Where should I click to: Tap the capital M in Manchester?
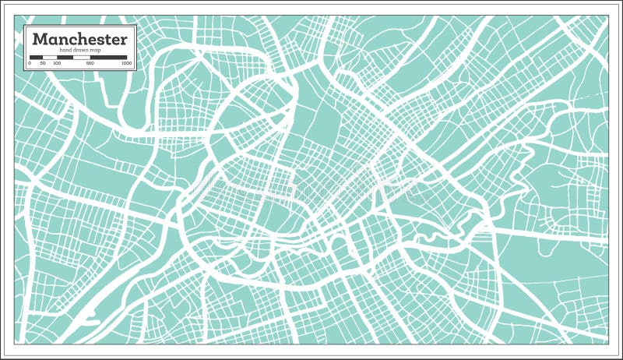pyautogui.click(x=40, y=38)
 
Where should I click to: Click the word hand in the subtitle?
pyautogui.click(x=64, y=50)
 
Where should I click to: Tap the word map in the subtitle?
pyautogui.click(x=96, y=50)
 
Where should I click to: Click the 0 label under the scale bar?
pyautogui.click(x=30, y=62)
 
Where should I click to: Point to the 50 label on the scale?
pyautogui.click(x=44, y=62)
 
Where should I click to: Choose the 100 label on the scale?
pyautogui.click(x=57, y=62)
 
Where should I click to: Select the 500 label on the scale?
pyautogui.click(x=90, y=62)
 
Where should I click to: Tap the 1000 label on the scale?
pyautogui.click(x=126, y=62)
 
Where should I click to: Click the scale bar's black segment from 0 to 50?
pyautogui.click(x=37, y=57)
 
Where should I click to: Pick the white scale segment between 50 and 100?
pyautogui.click(x=50, y=57)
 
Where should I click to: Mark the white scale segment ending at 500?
pyautogui.click(x=82, y=57)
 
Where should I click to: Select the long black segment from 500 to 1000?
pyautogui.click(x=108, y=57)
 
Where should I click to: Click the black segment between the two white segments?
pyautogui.click(x=65, y=57)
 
